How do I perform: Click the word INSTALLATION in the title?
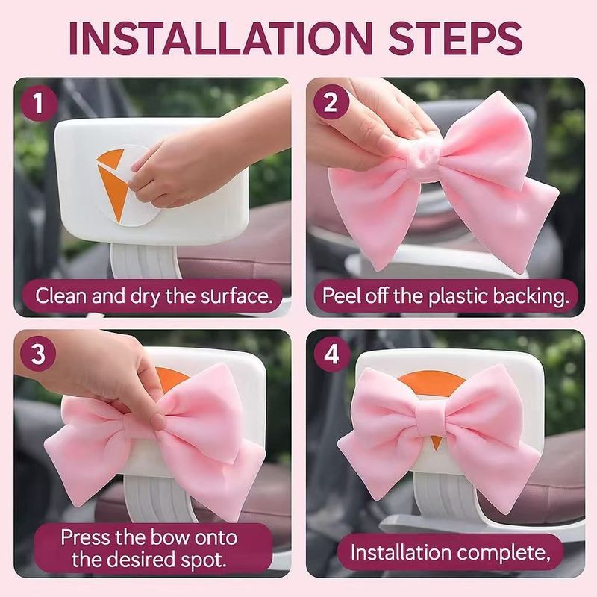pos(221,39)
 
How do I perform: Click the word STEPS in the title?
pos(455,39)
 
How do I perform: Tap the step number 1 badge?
pos(38,103)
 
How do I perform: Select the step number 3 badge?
pos(38,354)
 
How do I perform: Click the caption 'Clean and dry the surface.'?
pos(154,296)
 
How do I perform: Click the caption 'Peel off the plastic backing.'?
pos(446,296)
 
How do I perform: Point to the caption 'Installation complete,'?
pos(451,552)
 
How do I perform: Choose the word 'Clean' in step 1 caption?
pos(61,296)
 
